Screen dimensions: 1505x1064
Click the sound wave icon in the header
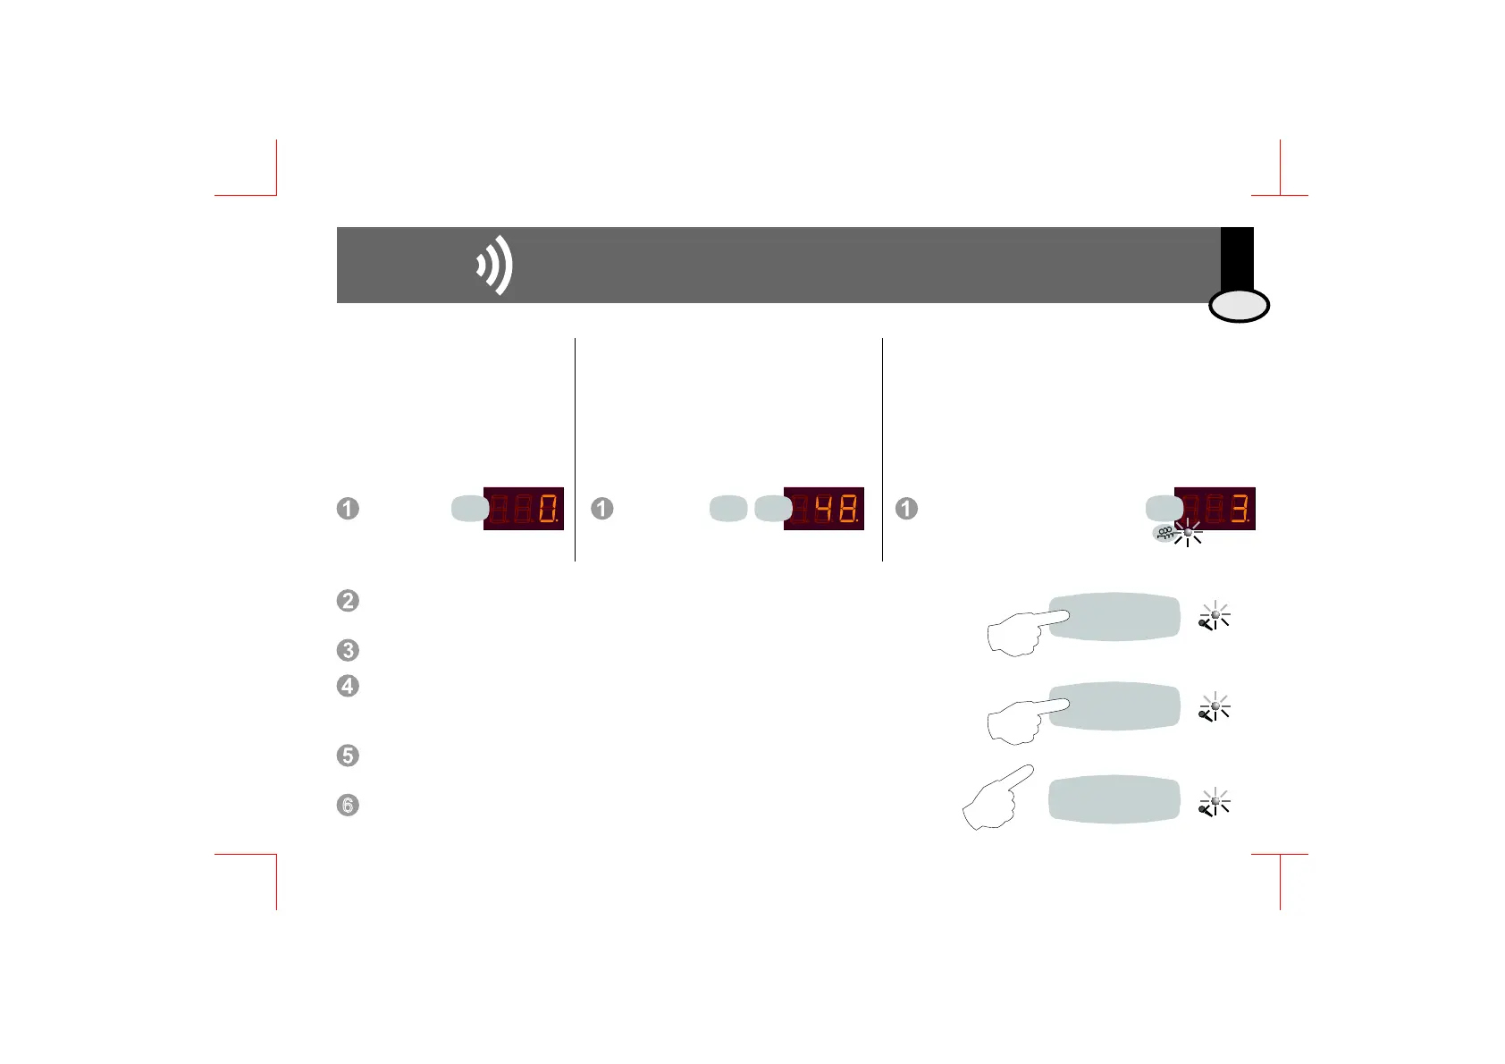point(495,266)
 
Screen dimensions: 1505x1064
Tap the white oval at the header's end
point(1239,307)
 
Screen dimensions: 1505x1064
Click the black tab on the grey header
point(1237,259)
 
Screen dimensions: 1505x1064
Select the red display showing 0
point(524,509)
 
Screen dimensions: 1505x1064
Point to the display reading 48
point(824,509)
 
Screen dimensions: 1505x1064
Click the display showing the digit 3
point(1215,509)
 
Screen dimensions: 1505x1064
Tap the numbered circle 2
point(348,600)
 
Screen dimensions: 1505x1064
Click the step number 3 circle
point(348,650)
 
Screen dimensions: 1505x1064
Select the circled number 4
point(348,686)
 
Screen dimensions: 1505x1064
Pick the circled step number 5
point(348,756)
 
